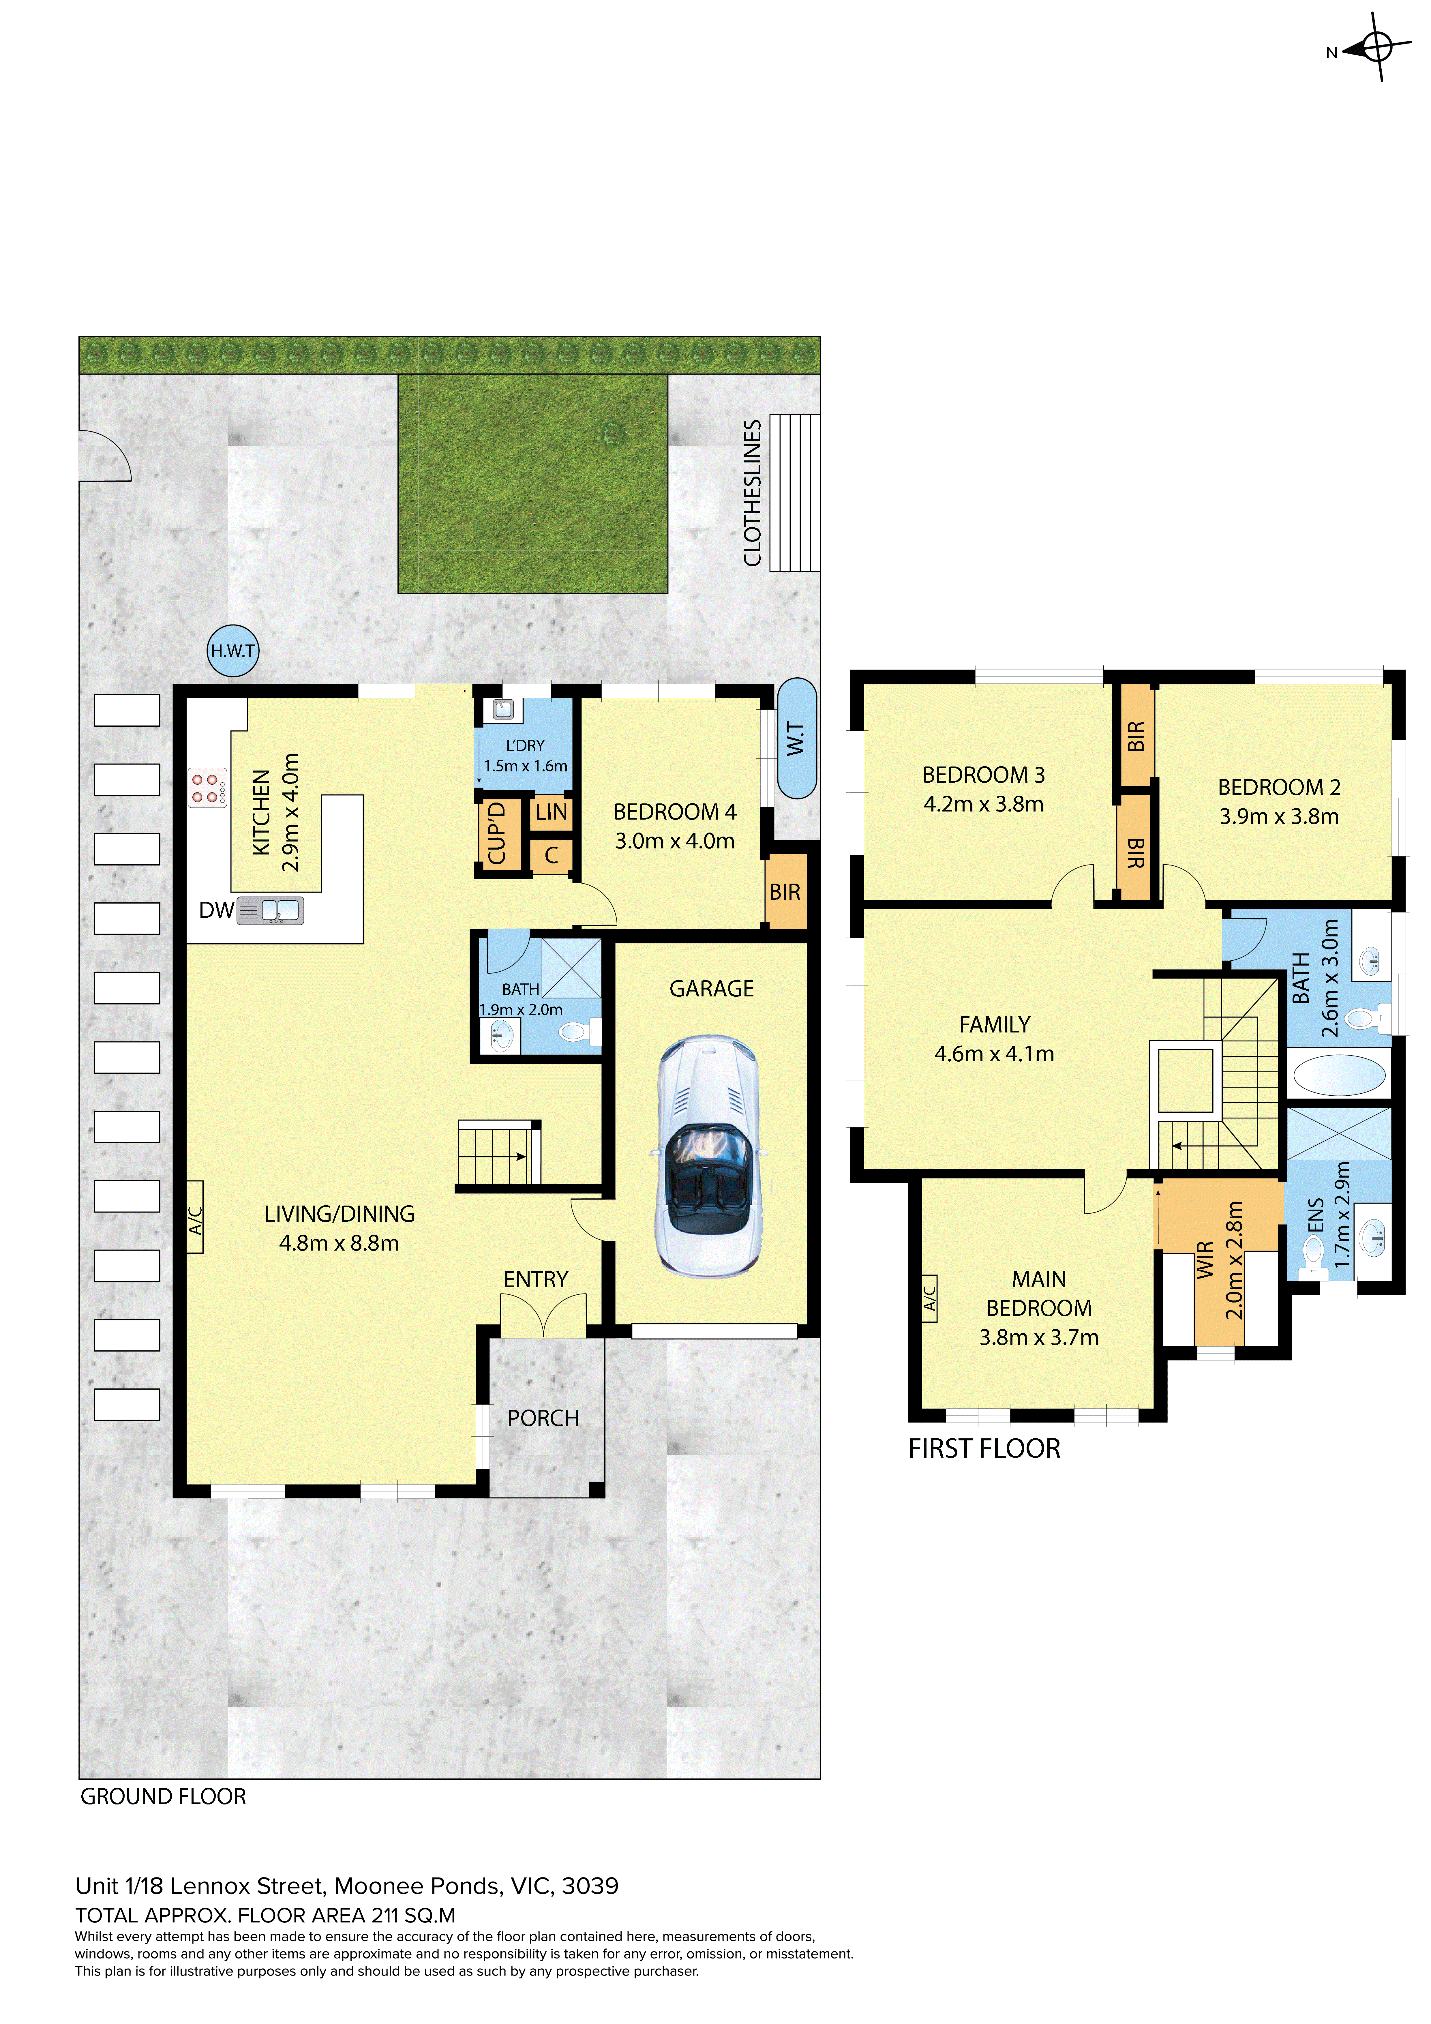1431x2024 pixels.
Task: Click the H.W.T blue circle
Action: click(233, 651)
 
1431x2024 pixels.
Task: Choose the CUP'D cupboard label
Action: click(496, 833)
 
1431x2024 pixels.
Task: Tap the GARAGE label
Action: click(712, 989)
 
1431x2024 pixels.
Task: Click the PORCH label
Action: click(543, 1418)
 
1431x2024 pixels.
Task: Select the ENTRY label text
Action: click(536, 1279)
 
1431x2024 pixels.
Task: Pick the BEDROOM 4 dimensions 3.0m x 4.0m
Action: click(674, 841)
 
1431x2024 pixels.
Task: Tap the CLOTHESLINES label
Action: click(752, 493)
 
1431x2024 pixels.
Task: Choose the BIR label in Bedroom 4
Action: click(785, 892)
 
